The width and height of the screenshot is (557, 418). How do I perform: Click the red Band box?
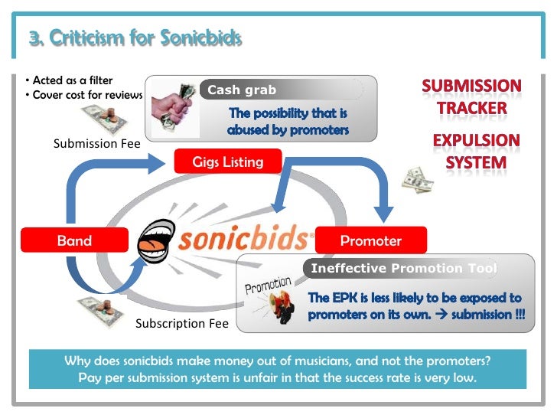click(x=74, y=240)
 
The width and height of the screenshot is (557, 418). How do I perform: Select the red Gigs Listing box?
click(x=228, y=162)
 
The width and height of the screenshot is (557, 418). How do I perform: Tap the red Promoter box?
click(x=370, y=240)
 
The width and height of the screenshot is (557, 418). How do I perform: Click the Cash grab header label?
click(x=242, y=90)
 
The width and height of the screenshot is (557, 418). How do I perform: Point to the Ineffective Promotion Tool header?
click(x=402, y=268)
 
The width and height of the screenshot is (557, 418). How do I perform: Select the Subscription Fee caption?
click(x=182, y=323)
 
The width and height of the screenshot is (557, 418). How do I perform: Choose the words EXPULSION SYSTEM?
click(x=476, y=152)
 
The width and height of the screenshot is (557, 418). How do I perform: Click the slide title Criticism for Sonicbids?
click(x=135, y=38)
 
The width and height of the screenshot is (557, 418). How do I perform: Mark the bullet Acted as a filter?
click(x=68, y=81)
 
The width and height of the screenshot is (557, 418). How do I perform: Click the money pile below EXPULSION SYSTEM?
click(x=419, y=179)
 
